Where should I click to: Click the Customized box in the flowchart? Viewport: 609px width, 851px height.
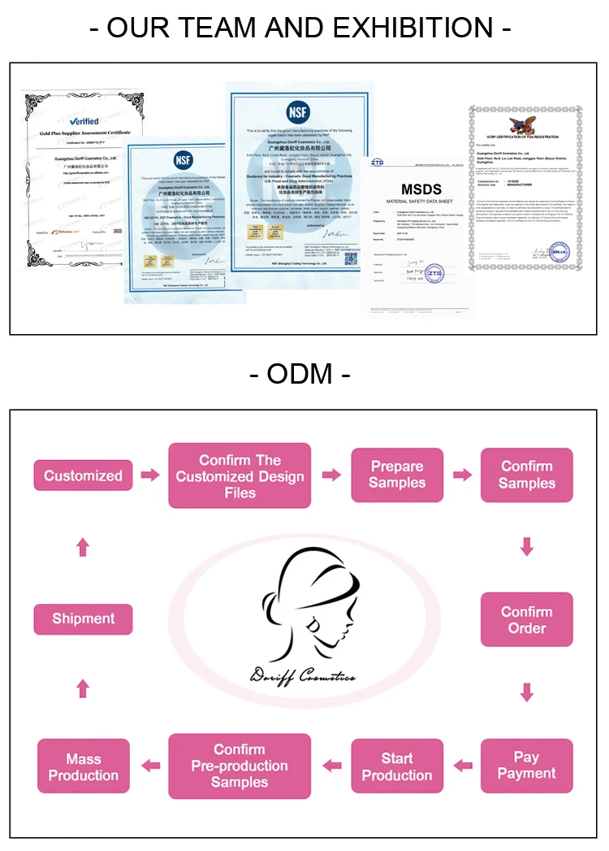[83, 475]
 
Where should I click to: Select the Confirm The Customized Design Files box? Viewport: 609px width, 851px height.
[240, 475]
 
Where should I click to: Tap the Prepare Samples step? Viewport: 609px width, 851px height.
[397, 475]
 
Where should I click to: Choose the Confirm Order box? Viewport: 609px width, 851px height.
[526, 619]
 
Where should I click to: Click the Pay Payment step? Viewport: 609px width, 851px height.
[526, 766]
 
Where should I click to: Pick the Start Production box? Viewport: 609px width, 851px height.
[397, 766]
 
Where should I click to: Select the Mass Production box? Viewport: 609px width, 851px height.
[83, 766]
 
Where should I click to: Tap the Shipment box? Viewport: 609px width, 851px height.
[83, 619]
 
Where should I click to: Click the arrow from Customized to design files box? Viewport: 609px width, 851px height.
[149, 475]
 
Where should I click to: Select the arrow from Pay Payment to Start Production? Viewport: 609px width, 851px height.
[463, 765]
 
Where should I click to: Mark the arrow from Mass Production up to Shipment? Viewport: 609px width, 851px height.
[83, 689]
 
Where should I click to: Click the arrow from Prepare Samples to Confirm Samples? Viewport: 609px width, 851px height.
[462, 475]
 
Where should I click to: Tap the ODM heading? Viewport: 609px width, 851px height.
[300, 374]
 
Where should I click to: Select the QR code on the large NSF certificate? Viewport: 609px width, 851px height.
[351, 258]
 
